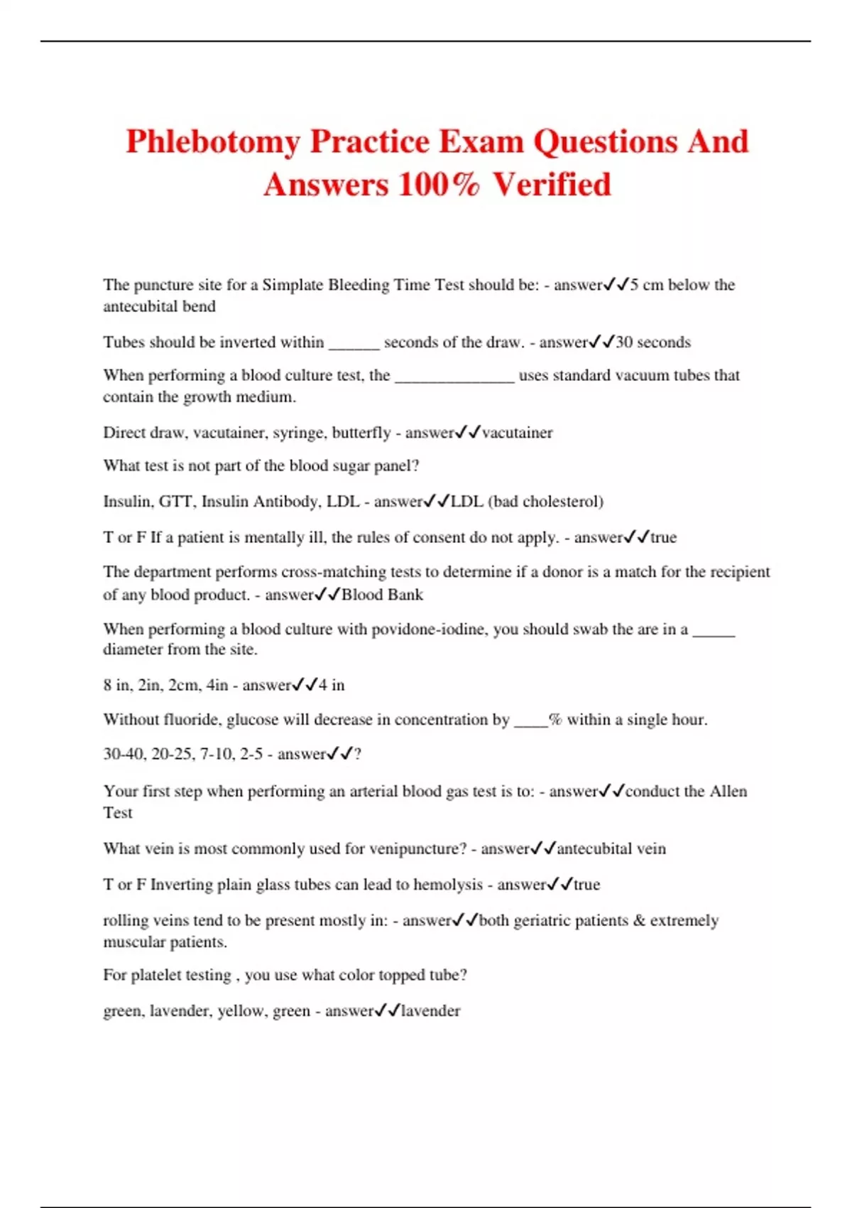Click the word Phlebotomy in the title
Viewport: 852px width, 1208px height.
click(x=212, y=142)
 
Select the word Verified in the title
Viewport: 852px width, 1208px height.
click(x=552, y=185)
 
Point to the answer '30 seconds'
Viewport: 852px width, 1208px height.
click(x=652, y=343)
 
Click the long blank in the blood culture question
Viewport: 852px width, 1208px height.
click(x=454, y=376)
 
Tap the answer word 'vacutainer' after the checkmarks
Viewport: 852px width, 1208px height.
click(x=517, y=433)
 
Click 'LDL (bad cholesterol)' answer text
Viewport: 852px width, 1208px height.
click(x=527, y=502)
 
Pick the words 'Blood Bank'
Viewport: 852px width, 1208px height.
click(x=382, y=595)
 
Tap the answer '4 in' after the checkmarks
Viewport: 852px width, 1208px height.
click(x=332, y=686)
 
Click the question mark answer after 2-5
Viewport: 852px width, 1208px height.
click(x=357, y=754)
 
